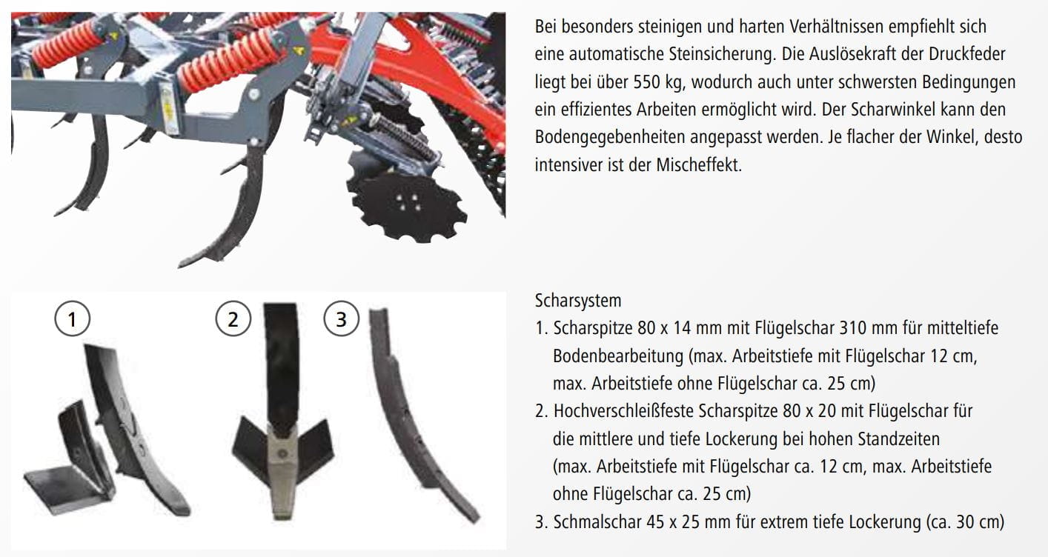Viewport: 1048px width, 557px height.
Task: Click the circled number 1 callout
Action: coord(72,319)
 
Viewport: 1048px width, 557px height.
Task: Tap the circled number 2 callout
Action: coord(233,319)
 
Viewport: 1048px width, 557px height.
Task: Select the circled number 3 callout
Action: coord(341,319)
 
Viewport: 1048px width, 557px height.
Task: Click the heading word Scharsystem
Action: coord(578,301)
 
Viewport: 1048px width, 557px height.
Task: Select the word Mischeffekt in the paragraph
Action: coord(698,164)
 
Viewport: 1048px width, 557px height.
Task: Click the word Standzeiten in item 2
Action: coord(898,438)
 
